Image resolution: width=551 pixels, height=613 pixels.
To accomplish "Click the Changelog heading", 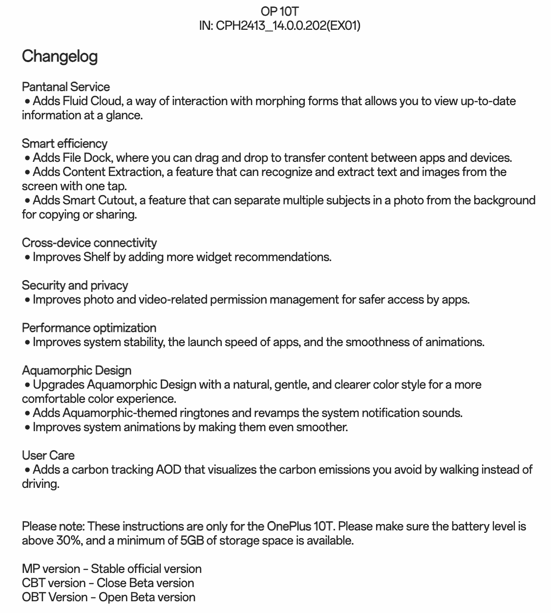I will coord(60,57).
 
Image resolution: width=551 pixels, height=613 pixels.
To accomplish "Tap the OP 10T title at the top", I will coord(279,11).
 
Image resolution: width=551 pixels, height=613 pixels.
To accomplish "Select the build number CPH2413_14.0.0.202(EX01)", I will coord(288,25).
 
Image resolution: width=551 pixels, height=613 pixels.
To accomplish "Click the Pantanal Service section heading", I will coord(66,87).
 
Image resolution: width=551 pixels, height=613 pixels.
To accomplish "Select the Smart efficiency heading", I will coord(64,144).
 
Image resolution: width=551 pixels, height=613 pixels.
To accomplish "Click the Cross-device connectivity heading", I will coord(89,243).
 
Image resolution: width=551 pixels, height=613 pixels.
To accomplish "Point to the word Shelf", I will coord(97,257).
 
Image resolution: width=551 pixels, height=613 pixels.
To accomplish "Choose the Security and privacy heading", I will coord(75,285).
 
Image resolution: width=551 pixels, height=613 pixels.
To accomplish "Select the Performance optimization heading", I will coord(89,328).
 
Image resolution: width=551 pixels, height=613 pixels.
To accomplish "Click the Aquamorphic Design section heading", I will coord(77,371).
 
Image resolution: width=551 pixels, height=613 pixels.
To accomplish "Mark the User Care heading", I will coord(48,456).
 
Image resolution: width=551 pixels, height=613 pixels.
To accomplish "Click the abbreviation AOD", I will coord(169,470).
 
